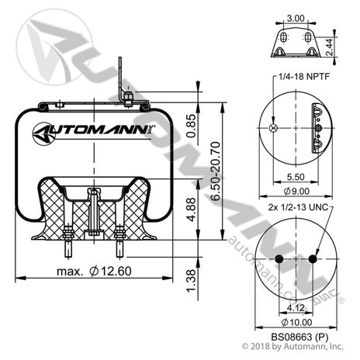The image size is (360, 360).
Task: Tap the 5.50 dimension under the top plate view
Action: coord(295,177)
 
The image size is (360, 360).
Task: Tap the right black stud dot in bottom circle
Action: coord(312,258)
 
